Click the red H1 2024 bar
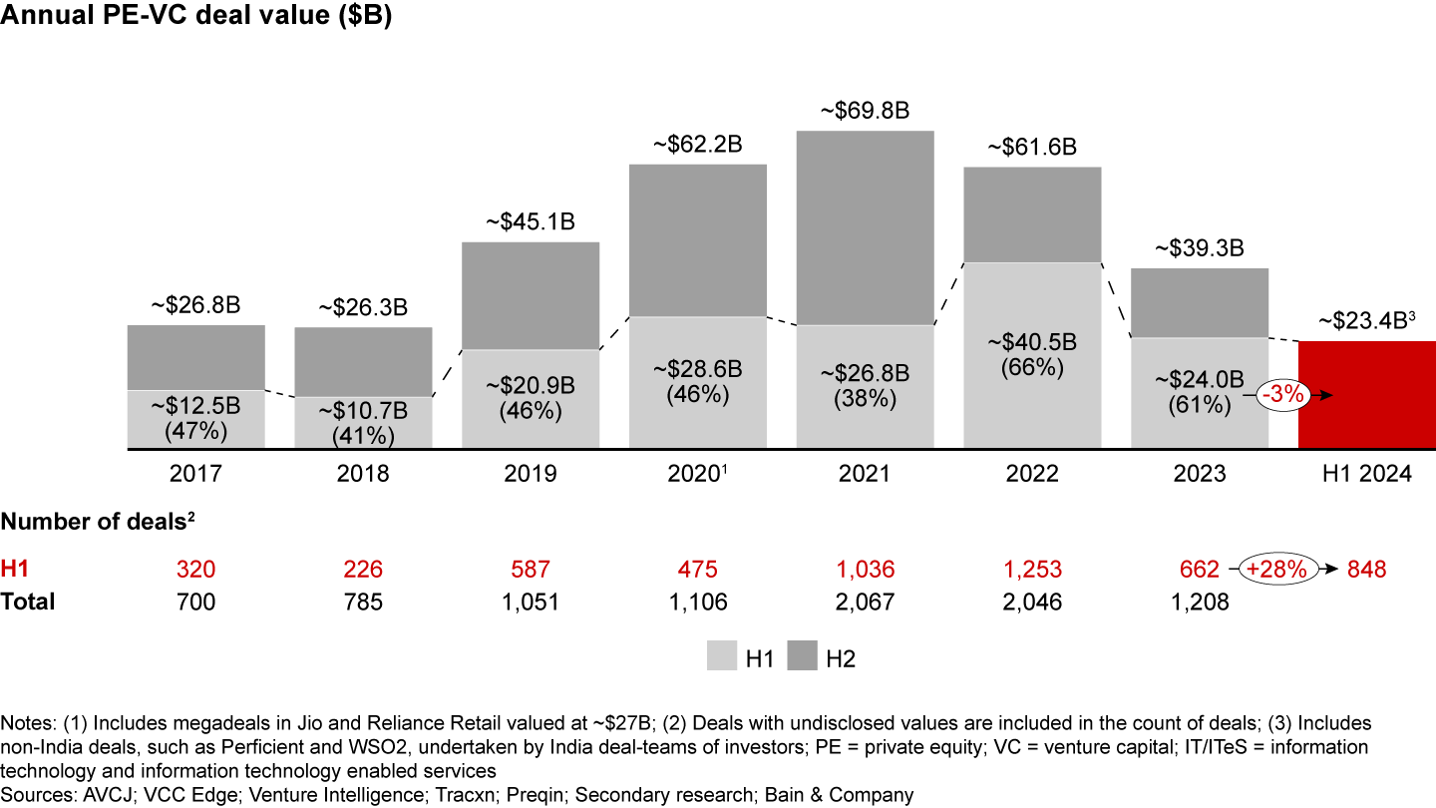coord(1366,394)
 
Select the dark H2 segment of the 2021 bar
coord(865,227)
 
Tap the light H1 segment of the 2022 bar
coord(1032,354)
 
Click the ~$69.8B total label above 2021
coord(865,111)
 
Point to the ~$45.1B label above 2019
coord(531,222)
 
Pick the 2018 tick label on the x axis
coord(363,474)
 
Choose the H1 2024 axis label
coord(1367,474)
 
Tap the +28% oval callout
coord(1283,570)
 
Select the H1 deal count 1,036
coord(865,570)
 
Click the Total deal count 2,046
coord(1032,602)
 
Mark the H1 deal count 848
coord(1367,570)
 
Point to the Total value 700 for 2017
coord(195,602)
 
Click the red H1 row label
coord(14,570)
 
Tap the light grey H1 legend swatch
coord(722,657)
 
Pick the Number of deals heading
coord(96,520)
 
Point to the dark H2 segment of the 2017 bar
coord(195,357)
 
